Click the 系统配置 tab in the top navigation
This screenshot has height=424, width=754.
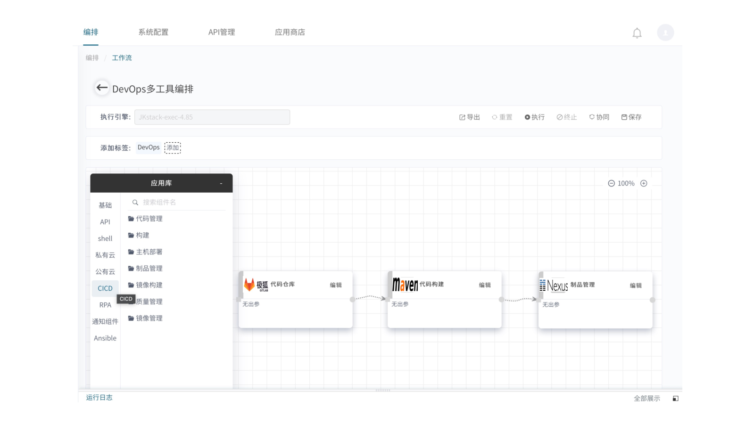153,32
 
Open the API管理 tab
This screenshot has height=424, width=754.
222,32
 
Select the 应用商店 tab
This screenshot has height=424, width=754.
290,32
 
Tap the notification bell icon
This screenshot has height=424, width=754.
637,33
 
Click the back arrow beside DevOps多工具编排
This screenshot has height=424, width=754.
102,88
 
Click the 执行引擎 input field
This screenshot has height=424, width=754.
212,117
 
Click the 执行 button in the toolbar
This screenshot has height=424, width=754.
535,117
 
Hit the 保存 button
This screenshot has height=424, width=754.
631,117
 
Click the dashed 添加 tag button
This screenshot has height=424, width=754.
173,148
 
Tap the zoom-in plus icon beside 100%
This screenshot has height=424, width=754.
644,183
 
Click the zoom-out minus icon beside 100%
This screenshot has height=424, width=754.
611,183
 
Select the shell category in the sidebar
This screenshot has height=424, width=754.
105,238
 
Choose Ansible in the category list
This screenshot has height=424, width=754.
105,338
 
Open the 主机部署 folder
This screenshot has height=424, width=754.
145,252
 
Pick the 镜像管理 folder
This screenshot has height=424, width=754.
145,318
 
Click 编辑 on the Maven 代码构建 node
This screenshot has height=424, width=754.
485,285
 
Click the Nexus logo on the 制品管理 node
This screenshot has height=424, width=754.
554,285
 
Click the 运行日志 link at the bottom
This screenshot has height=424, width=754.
99,398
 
